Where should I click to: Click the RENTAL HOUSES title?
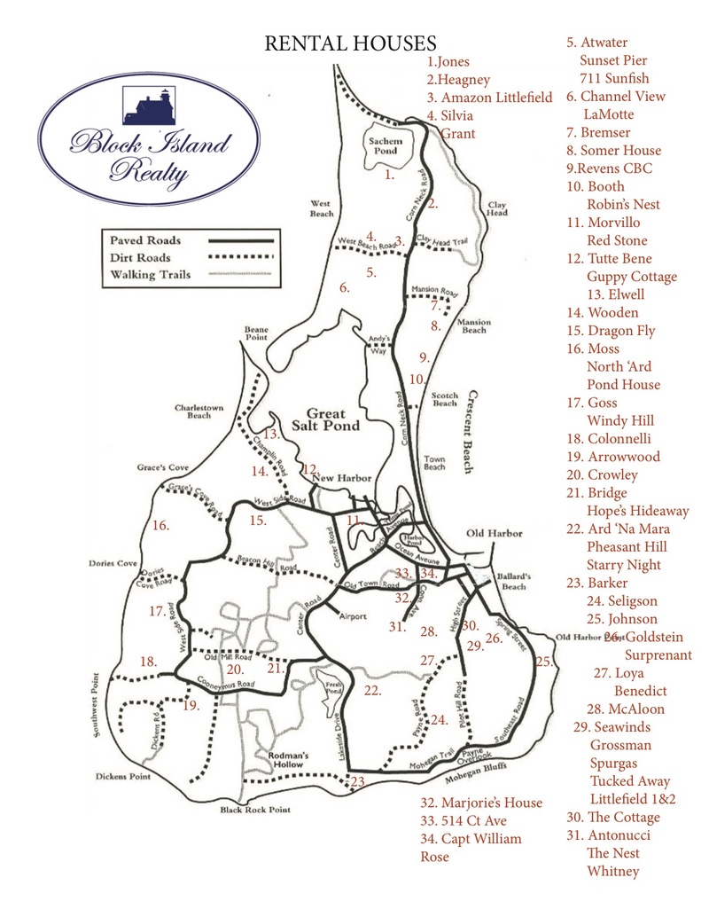click(x=351, y=43)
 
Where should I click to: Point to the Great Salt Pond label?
click(x=332, y=419)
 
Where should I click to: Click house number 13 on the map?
click(x=270, y=434)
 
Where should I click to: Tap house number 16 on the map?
click(x=160, y=525)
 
